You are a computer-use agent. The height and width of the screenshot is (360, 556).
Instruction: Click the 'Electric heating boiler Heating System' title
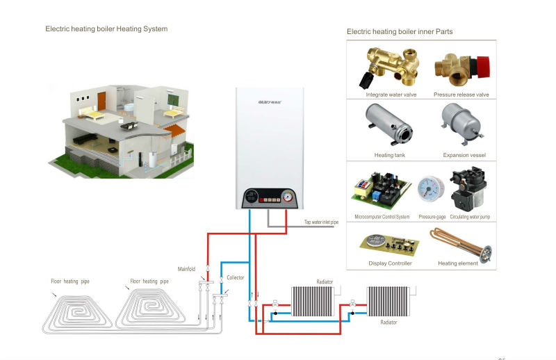(106, 29)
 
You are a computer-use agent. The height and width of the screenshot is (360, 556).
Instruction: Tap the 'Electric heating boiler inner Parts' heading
(400, 31)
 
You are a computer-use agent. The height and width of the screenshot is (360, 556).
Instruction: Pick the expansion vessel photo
(460, 125)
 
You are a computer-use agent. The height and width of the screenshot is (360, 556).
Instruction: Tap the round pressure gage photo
(427, 190)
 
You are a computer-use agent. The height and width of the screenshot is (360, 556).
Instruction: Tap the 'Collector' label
(235, 277)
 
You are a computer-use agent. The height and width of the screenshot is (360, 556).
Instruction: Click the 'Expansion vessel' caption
(464, 156)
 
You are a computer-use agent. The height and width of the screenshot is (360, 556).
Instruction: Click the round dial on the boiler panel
(288, 196)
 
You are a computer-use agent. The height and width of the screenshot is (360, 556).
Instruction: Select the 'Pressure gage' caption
(432, 217)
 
